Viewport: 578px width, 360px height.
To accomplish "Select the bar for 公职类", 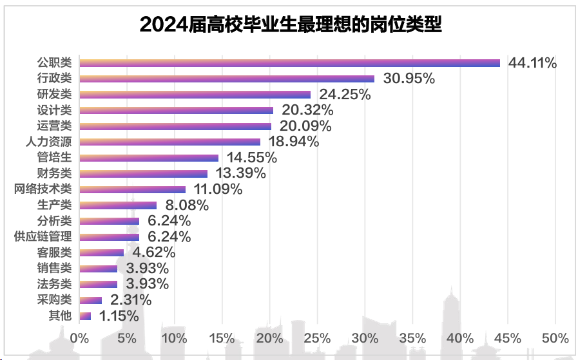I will [x=289, y=62].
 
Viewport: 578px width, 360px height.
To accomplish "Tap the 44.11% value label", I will [x=532, y=62].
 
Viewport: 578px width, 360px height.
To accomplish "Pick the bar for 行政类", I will [x=226, y=79].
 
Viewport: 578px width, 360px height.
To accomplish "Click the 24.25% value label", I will [x=346, y=94].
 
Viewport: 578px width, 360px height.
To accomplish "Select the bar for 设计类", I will [x=176, y=110].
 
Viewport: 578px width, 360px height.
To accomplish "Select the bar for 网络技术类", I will [x=132, y=189].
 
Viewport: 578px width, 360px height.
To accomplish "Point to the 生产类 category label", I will [x=56, y=205].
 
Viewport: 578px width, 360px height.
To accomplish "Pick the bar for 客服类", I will [x=101, y=252].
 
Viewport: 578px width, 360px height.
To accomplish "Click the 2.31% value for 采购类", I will [x=131, y=299].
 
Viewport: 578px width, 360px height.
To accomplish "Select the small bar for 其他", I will [x=84, y=316].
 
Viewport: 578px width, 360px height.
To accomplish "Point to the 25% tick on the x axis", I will [x=317, y=338].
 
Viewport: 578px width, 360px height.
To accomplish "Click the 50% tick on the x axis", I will [x=555, y=338].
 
